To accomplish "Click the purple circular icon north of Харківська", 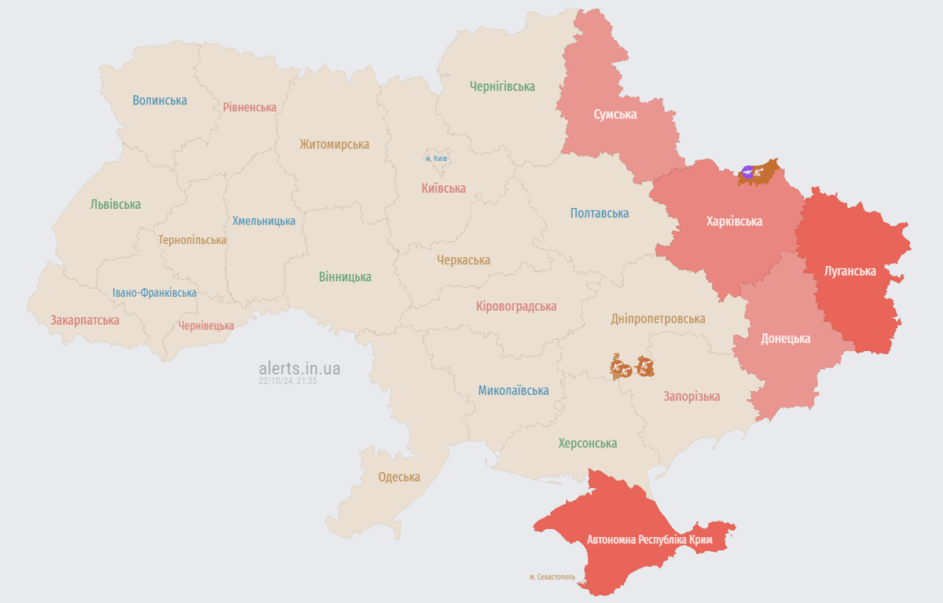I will tap(748, 172).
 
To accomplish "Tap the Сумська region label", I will tap(615, 115).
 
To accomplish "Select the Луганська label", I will tap(849, 272).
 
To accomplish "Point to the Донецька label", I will tap(785, 339).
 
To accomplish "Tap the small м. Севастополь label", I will tap(552, 577).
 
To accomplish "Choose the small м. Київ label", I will tap(436, 159).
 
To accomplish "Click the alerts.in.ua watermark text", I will tap(299, 368).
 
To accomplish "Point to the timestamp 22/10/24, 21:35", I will tap(288, 382).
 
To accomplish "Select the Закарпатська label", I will tap(85, 320).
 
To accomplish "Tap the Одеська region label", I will tap(399, 477).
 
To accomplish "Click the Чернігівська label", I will tap(502, 86).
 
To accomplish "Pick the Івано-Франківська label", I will tap(154, 293).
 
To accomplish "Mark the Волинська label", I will tap(160, 100).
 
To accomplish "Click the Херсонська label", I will tap(587, 444).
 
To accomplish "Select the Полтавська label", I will tap(600, 214).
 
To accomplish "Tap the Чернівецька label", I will tap(206, 326).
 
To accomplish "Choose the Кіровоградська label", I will tap(516, 307).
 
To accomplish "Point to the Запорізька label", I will tap(692, 397).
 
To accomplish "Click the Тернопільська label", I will tap(192, 240).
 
